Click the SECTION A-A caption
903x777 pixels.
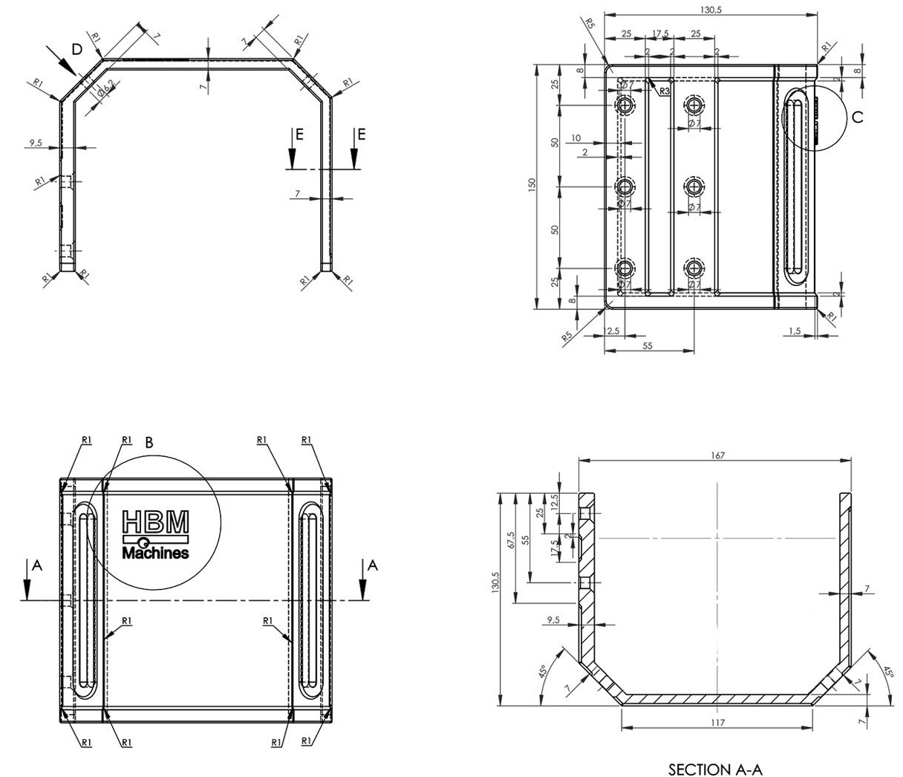coord(715,769)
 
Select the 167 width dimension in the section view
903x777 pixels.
coord(717,455)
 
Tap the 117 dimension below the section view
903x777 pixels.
coord(717,722)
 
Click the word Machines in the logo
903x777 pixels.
coord(155,553)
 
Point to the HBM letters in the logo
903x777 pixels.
coord(155,521)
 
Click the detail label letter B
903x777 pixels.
coord(149,443)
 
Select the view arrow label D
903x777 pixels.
coord(76,49)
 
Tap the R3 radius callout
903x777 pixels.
coord(665,91)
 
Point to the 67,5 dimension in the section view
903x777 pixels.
coord(510,539)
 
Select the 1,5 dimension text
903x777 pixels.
coord(794,331)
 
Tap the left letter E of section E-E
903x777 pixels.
coord(299,134)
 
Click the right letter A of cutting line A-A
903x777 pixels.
coord(373,566)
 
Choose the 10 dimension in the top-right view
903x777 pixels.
coord(576,138)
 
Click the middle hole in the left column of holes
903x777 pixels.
coord(625,186)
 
